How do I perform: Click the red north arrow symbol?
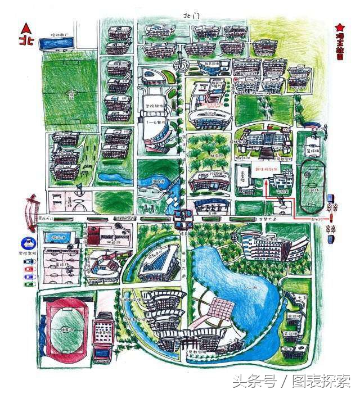[25, 29]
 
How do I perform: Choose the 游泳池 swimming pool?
[59, 238]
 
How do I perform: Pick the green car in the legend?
[28, 284]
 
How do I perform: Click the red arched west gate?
[31, 208]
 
